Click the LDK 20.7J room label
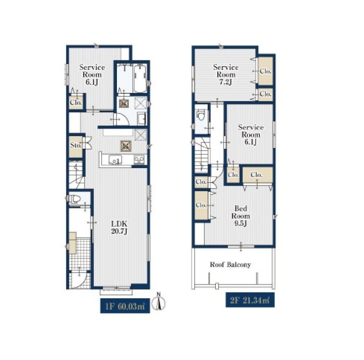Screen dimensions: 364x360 click(x=119, y=228)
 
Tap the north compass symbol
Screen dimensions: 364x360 click(x=158, y=303)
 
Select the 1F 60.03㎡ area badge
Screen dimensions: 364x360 click(x=125, y=306)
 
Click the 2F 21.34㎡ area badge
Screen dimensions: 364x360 click(x=250, y=300)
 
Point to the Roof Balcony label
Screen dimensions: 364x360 click(x=230, y=265)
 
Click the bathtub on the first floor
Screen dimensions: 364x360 click(x=140, y=78)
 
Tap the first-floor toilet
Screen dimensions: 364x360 click(x=74, y=199)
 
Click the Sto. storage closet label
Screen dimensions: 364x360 click(x=76, y=145)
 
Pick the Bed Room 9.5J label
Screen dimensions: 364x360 click(x=241, y=216)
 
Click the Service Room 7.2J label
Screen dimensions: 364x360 click(x=226, y=75)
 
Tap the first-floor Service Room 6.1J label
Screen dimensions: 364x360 click(x=92, y=75)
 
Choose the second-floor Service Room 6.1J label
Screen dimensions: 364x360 click(x=250, y=134)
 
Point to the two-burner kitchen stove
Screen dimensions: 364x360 click(x=139, y=160)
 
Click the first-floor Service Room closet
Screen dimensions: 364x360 click(x=76, y=102)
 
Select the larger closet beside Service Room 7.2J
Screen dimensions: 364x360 click(x=265, y=71)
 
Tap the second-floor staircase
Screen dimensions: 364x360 click(x=201, y=155)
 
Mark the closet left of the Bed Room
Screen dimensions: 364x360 click(x=201, y=205)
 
